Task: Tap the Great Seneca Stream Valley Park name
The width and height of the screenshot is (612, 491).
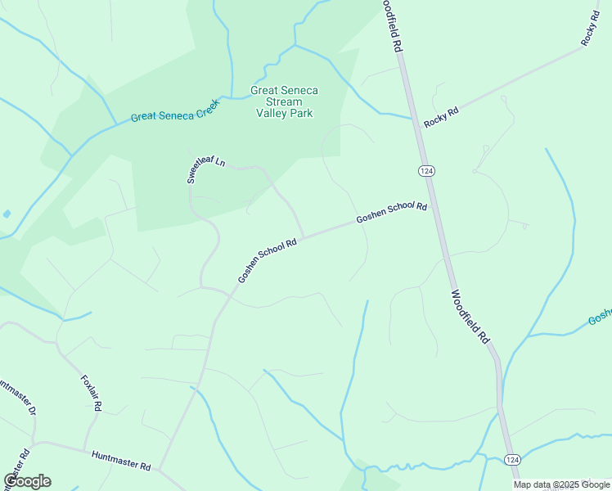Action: point(284,102)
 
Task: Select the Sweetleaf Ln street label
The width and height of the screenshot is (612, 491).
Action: point(205,169)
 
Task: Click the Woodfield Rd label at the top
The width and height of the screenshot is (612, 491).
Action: point(392,27)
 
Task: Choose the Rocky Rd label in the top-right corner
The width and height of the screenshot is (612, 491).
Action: point(590,29)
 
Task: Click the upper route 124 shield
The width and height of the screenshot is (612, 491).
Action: point(425,169)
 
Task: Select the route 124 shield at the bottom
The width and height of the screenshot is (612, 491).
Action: point(511,461)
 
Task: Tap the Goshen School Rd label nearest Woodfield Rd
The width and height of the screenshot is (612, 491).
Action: point(391,213)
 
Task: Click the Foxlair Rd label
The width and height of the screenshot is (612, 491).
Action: point(91,393)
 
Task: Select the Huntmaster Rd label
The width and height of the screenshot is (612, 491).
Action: point(121,461)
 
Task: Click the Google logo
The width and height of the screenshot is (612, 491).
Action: point(27,481)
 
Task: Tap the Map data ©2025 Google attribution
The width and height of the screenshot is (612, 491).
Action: point(561,484)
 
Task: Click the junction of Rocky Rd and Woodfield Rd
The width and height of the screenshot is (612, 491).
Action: point(414,119)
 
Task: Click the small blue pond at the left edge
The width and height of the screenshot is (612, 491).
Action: point(7,214)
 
